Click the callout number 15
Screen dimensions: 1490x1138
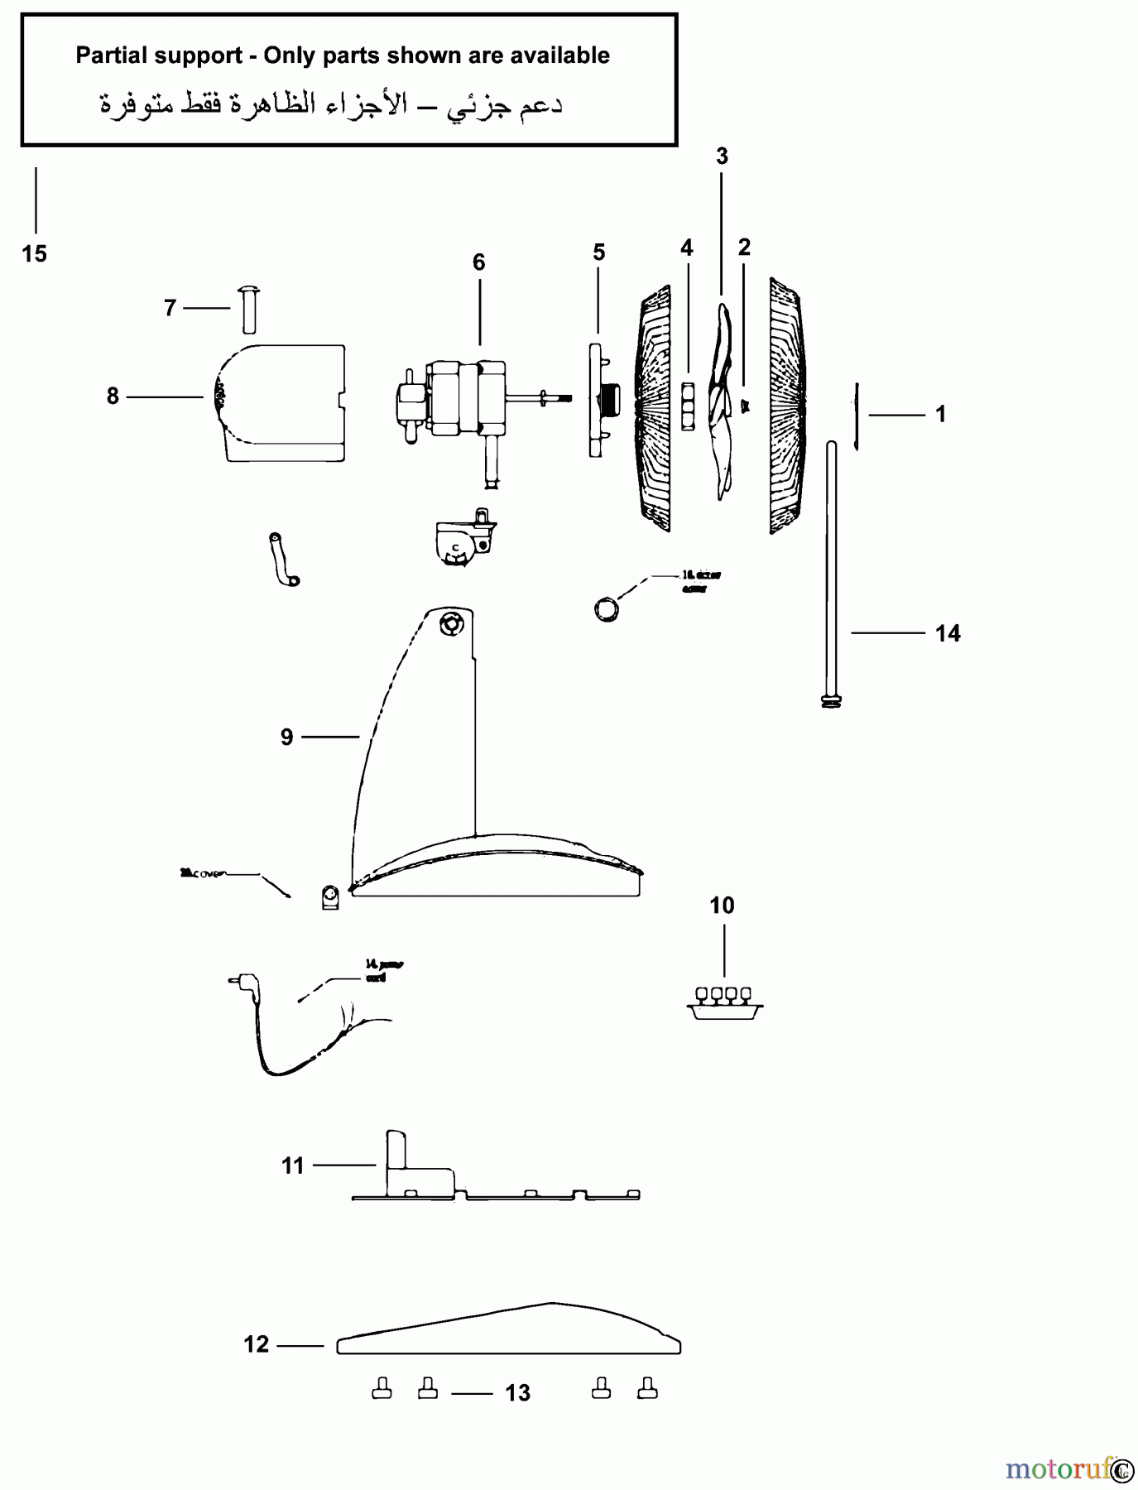click(34, 254)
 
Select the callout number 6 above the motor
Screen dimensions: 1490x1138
click(478, 262)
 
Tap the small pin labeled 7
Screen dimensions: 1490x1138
click(249, 310)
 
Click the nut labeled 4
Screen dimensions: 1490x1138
click(687, 405)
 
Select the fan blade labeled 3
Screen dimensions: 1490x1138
click(723, 401)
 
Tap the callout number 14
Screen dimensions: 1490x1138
click(948, 633)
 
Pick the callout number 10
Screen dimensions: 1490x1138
click(722, 906)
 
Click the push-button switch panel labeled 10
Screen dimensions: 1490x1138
click(725, 1002)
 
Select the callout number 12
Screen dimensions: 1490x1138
click(257, 1344)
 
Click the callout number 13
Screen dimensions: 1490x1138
click(517, 1393)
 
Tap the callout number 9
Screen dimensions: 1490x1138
click(286, 737)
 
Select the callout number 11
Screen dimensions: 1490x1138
click(293, 1166)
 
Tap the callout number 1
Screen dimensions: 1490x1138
click(940, 414)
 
